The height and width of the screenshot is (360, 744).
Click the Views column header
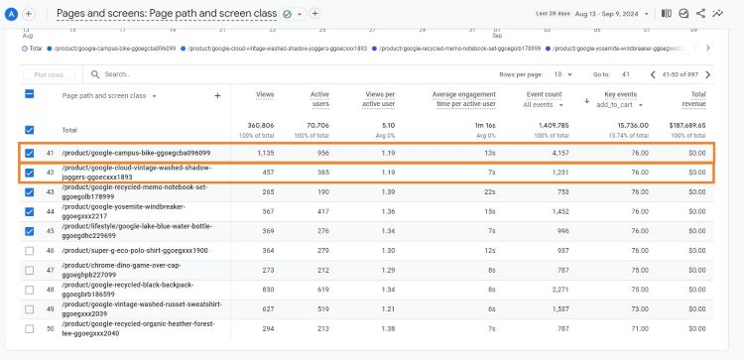pos(265,94)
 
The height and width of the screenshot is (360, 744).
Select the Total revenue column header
pos(692,99)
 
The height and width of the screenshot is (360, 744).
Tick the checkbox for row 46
pos(29,251)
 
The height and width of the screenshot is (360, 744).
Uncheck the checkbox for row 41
pos(29,153)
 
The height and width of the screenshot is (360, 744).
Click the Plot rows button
pos(49,74)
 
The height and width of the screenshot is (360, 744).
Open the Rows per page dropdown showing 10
pos(563,74)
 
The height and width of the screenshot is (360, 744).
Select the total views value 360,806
pos(260,125)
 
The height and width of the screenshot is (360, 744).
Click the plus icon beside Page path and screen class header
pos(217,95)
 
